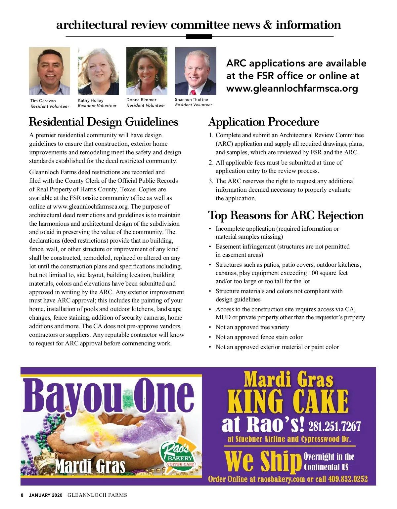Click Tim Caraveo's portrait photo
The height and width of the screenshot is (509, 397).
point(50,71)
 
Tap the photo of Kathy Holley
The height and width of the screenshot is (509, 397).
point(98,71)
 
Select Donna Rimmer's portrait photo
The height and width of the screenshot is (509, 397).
point(147,71)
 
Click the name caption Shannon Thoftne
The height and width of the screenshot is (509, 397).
point(192,99)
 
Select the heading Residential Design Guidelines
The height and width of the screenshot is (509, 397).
point(104,122)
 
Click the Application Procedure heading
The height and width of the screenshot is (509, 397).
point(264,122)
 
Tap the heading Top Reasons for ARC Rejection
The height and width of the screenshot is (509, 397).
point(286,215)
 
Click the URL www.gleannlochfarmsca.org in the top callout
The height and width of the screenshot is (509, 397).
point(292,89)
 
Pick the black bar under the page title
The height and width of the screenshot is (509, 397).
point(199,37)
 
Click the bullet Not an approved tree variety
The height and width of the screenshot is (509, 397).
point(252,327)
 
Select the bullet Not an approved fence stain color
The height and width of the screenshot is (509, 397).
point(259,337)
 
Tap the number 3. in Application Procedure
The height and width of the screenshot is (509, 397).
point(211,181)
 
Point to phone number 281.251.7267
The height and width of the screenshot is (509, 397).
point(334,426)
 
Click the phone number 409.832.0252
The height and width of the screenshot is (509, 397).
point(348,479)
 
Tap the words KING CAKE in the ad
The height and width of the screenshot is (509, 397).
point(288,401)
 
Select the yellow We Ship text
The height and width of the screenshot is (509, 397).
point(261,461)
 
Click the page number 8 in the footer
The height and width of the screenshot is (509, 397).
point(22,495)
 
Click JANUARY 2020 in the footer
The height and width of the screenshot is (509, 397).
point(46,495)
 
